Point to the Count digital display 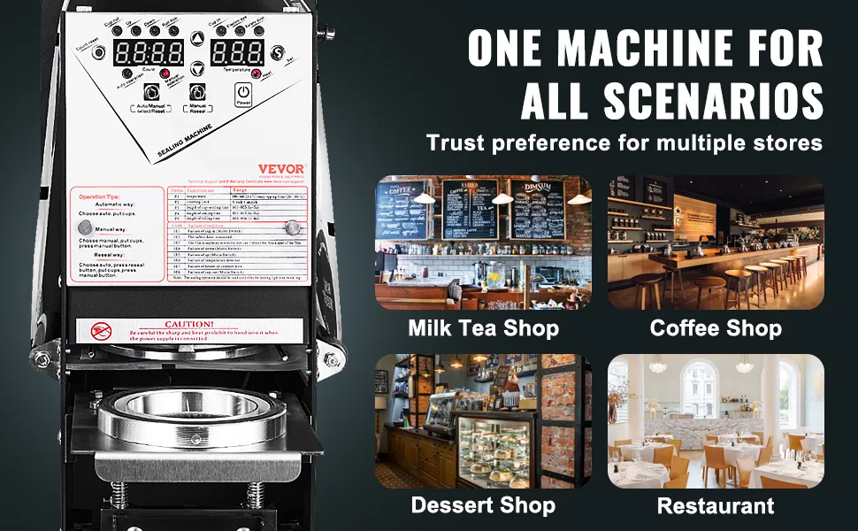coord(149,51)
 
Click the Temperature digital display coord(235,50)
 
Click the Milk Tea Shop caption coord(483,328)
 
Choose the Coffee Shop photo coord(716,242)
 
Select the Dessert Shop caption coord(483,505)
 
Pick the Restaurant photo coord(716,420)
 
